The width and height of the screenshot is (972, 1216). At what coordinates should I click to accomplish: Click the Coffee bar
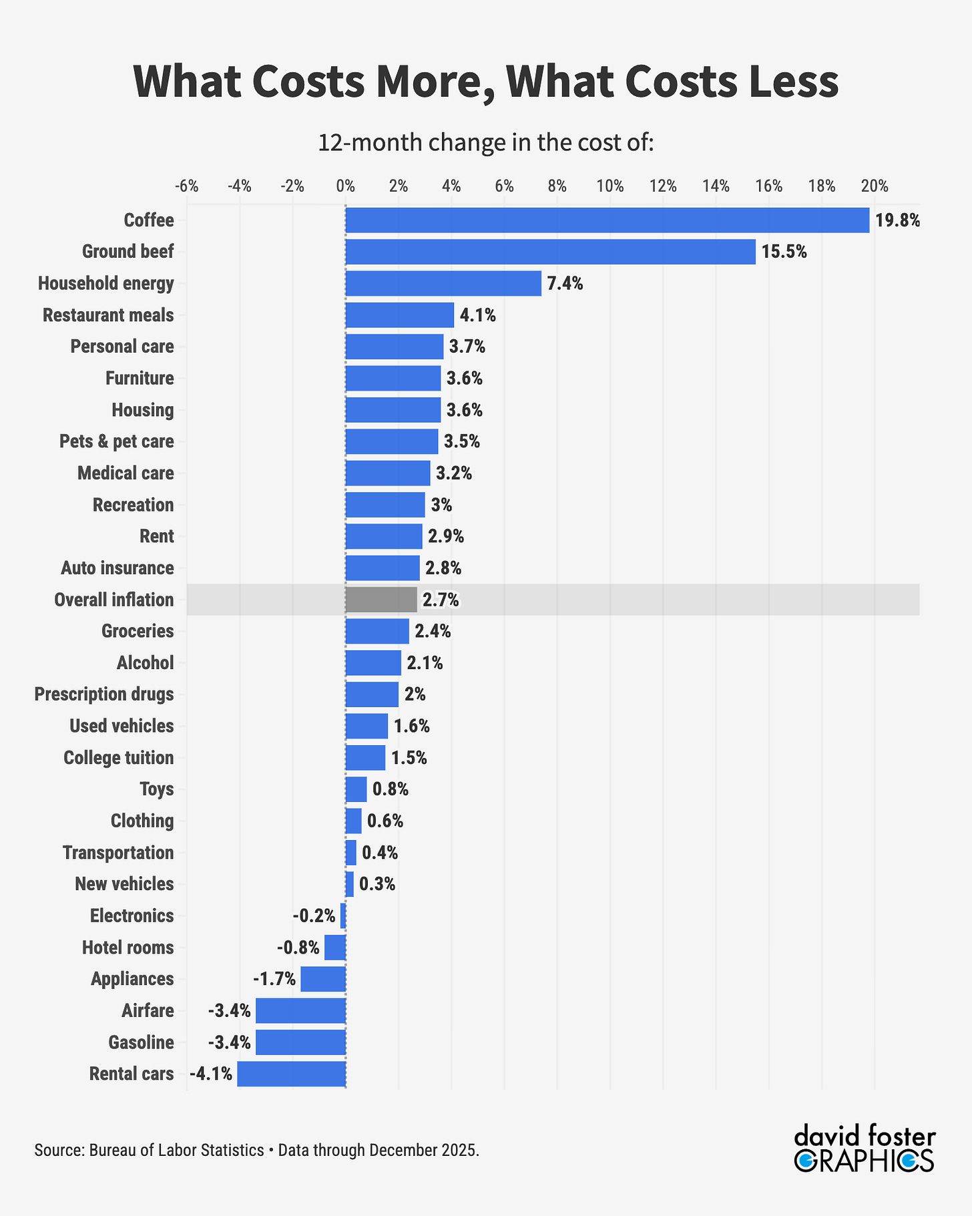[x=607, y=220]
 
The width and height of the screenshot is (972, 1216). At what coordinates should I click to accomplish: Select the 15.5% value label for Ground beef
[x=784, y=252]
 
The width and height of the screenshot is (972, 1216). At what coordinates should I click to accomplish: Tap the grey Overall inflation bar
[x=381, y=600]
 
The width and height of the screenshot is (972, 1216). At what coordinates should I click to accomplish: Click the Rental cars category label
[x=132, y=1074]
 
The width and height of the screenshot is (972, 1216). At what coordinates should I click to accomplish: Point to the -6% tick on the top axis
[x=186, y=186]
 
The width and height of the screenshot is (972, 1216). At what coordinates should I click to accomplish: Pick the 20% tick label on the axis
[x=875, y=186]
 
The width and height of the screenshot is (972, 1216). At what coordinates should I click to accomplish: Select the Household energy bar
[x=443, y=284]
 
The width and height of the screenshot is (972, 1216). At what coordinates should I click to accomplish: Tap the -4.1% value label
[x=211, y=1074]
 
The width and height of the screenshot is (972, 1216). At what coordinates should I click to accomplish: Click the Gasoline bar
[x=300, y=1042]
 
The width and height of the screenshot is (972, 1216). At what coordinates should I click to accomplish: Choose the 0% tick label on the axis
[x=345, y=186]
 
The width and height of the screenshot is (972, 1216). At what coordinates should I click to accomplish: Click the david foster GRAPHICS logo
[x=865, y=1150]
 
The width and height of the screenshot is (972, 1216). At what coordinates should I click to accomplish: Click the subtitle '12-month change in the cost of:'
[x=485, y=143]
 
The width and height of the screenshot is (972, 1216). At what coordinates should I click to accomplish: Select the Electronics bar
[x=343, y=916]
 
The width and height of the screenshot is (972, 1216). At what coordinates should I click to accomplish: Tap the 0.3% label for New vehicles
[x=377, y=885]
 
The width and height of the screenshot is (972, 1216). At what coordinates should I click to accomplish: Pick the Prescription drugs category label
[x=104, y=694]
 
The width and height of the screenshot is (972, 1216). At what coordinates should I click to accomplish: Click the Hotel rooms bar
[x=334, y=948]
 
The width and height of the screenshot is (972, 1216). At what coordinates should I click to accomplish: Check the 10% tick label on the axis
[x=610, y=186]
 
